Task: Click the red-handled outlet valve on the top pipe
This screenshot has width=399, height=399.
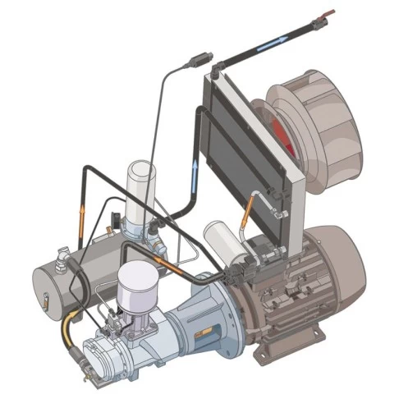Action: [x=328, y=12]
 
